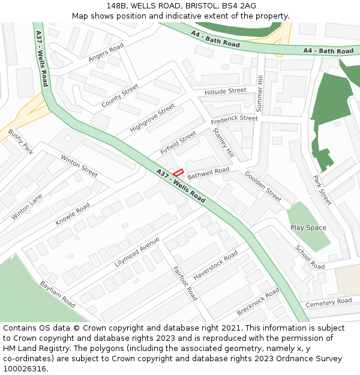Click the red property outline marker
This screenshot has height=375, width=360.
tap(178, 172)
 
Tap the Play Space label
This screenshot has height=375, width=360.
tap(308, 228)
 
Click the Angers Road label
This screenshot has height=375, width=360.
tap(106, 52)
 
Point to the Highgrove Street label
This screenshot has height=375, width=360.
tap(152, 118)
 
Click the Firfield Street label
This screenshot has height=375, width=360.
tap(178, 143)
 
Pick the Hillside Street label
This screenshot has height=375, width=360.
tap(225, 91)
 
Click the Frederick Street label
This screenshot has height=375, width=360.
tap(234, 119)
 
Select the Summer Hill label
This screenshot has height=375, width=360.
tap(260, 92)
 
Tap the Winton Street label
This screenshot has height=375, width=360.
tap(79, 166)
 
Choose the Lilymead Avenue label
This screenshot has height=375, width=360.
tap(137, 251)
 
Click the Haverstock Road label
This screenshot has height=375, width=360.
tap(215, 264)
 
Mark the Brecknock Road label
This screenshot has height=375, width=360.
tap(258, 302)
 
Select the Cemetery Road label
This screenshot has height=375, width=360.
tap(329, 302)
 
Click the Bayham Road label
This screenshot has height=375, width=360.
tap(58, 293)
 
